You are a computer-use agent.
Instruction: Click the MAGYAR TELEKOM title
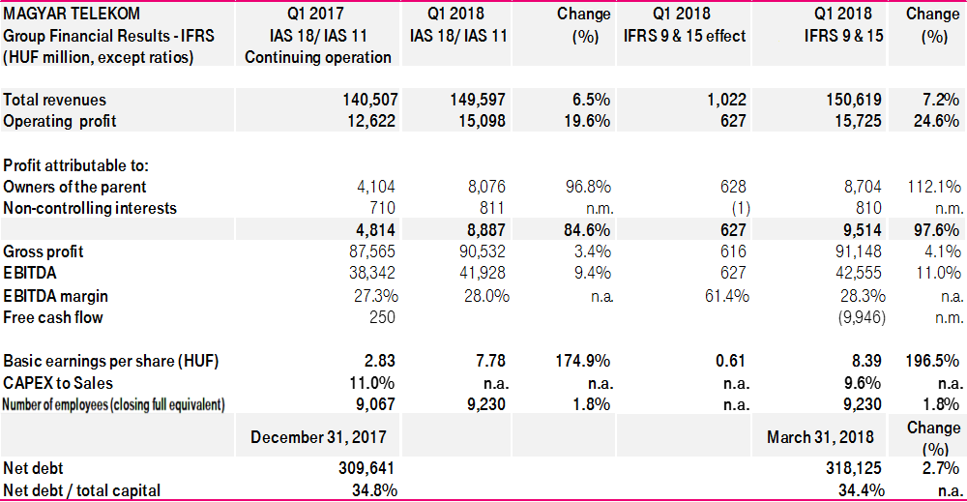[72, 14]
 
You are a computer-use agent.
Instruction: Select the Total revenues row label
[55, 100]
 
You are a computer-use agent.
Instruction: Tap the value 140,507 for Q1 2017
[370, 100]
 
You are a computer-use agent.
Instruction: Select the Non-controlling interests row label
[90, 208]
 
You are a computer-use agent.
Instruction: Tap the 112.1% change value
[933, 187]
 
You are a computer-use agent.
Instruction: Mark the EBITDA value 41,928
[482, 274]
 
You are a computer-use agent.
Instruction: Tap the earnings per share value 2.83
[380, 361]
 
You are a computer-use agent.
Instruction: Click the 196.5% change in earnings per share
[933, 361]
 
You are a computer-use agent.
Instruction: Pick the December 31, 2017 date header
[318, 437]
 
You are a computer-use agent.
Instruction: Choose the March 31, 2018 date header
[821, 437]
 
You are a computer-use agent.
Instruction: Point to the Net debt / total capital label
[82, 490]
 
